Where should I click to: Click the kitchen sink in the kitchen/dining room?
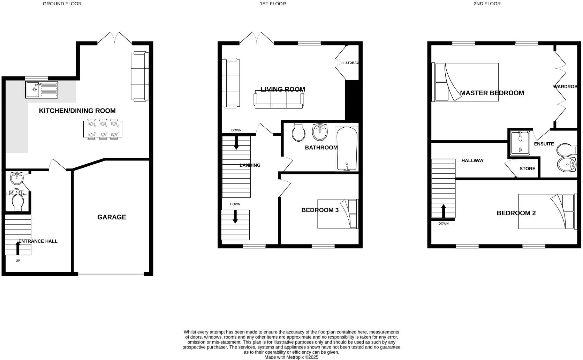pos(41,89)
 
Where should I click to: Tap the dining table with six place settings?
pos(103,129)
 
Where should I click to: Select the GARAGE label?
pos(112,217)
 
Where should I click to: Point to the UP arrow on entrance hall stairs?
pos(18,248)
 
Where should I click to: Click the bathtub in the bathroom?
pos(347,149)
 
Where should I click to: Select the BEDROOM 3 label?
pos(320,210)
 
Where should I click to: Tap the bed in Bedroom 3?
pos(338,213)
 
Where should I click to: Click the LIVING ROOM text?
pos(283,89)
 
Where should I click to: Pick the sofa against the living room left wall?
pos(231,83)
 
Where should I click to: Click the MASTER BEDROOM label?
pos(492,93)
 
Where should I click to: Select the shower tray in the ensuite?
pos(520,143)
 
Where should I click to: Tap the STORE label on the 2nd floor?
pos(527,168)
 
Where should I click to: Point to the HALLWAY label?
pos(472,160)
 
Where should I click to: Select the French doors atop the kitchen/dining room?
pos(114,38)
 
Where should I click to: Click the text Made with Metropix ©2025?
pos(291,357)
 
